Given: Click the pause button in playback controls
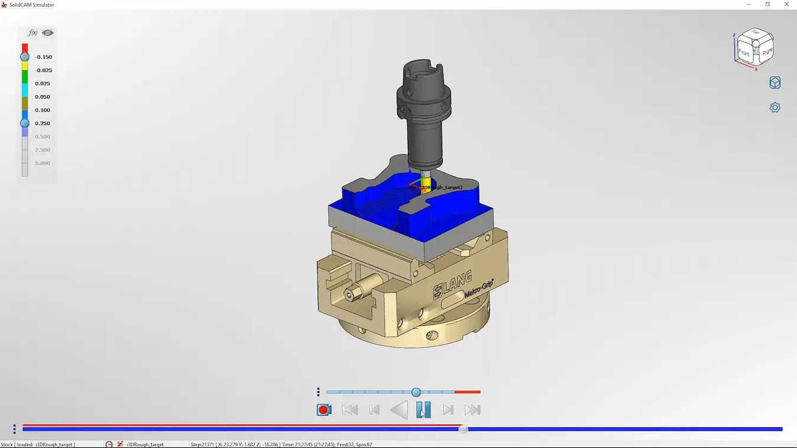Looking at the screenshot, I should (x=423, y=410).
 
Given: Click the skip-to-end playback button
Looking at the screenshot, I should (x=472, y=410).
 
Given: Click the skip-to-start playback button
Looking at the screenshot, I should (x=350, y=410).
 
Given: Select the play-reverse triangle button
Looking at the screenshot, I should (x=400, y=410).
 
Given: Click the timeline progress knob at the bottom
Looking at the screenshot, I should (x=463, y=429).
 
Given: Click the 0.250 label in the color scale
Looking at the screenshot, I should (x=43, y=123).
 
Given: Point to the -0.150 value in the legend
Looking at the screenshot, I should (x=43, y=57).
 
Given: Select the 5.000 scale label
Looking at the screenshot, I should (x=43, y=163).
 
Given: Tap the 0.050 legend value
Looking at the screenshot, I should (x=43, y=97).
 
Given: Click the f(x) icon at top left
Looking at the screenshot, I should (x=33, y=33).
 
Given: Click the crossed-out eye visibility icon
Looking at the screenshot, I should (x=48, y=33).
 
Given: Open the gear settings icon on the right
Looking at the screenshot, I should (x=775, y=107).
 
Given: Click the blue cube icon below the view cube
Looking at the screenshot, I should (x=775, y=83).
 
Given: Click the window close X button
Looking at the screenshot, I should (x=786, y=5).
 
